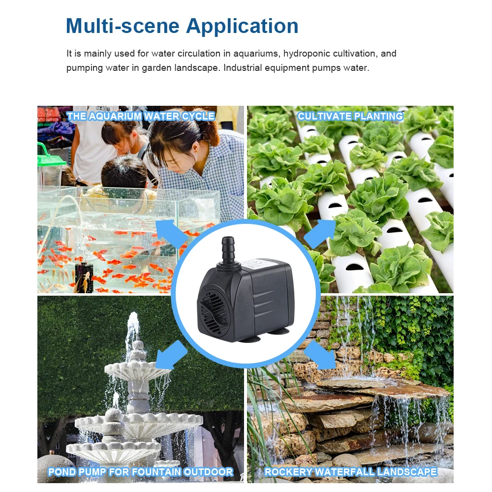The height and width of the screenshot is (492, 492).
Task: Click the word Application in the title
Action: pos(242,26)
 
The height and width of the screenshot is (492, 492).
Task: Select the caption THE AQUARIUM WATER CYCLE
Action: pos(141,117)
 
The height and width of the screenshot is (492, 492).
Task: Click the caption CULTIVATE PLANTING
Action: pos(350,117)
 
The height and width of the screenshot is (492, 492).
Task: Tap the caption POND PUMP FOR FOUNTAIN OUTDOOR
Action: pos(141,472)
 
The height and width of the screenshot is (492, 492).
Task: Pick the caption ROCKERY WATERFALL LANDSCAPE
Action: pos(350,472)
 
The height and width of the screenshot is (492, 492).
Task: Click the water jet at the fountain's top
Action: pos(133,327)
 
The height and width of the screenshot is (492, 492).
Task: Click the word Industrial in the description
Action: pos(246,68)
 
